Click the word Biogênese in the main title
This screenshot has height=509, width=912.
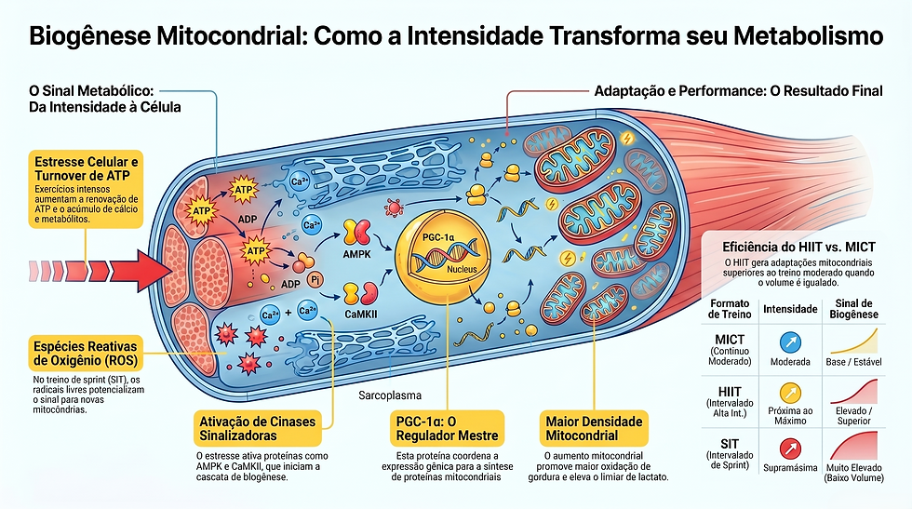(89, 36)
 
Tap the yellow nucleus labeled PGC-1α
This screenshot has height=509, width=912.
(443, 255)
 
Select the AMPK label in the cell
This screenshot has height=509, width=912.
(356, 254)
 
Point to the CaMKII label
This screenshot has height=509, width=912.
(361, 315)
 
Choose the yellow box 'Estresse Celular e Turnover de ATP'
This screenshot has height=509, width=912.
(86, 190)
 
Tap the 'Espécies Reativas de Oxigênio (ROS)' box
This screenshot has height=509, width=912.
(86, 354)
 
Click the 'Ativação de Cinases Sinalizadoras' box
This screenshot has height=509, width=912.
(258, 429)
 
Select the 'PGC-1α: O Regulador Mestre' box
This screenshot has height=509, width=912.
(447, 429)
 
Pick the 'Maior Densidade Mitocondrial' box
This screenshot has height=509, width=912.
(594, 429)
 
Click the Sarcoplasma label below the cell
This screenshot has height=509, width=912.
(390, 395)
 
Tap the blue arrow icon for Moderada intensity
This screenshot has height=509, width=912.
(790, 342)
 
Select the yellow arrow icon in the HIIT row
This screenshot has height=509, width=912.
(790, 394)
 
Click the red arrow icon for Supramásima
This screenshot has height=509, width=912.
(790, 449)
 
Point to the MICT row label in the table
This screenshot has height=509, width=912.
(730, 350)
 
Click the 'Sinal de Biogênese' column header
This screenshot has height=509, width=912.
(854, 309)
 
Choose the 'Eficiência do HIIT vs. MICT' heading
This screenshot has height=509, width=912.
(798, 248)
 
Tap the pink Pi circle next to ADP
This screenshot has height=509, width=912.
(315, 280)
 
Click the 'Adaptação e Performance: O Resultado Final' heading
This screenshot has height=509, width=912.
(739, 91)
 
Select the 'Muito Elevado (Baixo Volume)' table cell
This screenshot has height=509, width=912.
(854, 473)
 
